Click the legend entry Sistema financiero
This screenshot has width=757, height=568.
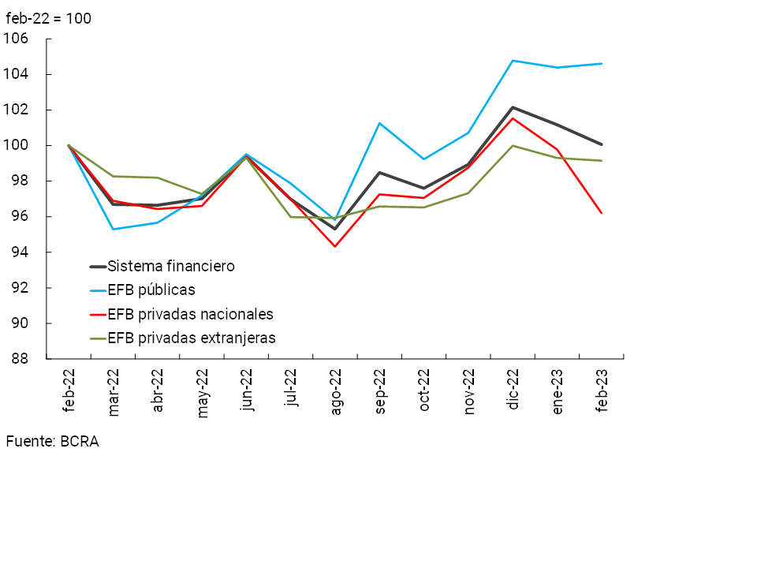(171, 266)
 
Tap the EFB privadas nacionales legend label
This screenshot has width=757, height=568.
(190, 314)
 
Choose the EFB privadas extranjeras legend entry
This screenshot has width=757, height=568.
(192, 338)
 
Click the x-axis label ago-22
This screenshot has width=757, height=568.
(337, 392)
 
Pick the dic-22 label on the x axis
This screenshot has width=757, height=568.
(514, 389)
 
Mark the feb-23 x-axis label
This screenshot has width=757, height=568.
(602, 390)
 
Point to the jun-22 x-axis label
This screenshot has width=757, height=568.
(248, 390)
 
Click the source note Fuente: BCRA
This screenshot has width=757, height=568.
(52, 442)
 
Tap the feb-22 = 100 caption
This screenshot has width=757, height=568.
(48, 18)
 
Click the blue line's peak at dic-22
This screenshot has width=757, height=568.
(513, 61)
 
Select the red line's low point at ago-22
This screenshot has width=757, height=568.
(335, 246)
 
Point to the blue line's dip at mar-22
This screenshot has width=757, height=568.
(114, 229)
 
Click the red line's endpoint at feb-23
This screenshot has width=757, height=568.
(602, 213)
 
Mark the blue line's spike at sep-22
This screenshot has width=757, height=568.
(380, 123)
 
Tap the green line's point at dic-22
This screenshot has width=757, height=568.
(513, 145)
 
